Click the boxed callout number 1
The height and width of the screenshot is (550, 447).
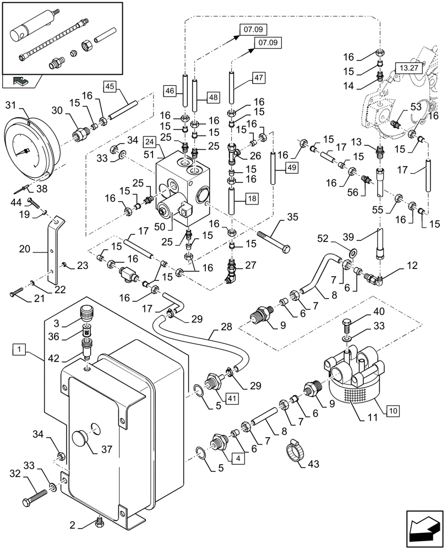click(x=19, y=349)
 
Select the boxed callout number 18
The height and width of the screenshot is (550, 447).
click(x=251, y=197)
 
